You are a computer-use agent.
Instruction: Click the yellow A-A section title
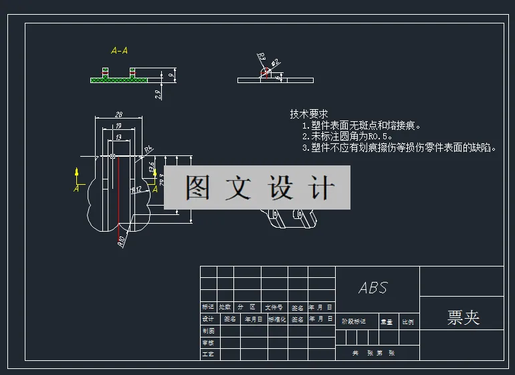pos(120,50)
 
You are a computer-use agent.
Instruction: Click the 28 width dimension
pos(118,114)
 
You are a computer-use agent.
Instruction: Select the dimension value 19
pos(118,125)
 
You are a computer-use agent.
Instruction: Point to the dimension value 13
pos(119,137)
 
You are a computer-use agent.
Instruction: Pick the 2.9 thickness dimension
pos(158,94)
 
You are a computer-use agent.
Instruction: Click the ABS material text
pos(373,288)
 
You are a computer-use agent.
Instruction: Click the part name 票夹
pos(463,317)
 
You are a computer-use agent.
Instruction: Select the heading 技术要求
pos(308,114)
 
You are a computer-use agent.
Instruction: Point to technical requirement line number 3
pos(399,148)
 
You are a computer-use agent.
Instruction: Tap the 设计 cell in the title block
pos(208,319)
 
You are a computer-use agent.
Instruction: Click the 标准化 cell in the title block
pos(277,319)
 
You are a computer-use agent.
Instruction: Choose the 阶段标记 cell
pos(354,321)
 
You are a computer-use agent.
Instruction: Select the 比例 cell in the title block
pos(407,321)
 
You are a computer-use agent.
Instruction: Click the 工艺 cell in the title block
pos(208,354)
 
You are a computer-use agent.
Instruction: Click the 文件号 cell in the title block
pos(273,307)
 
